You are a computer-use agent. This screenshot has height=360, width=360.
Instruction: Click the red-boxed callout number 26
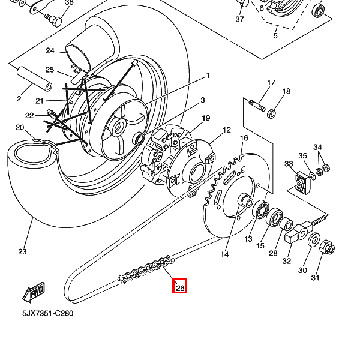pyautogui.click(x=180, y=287)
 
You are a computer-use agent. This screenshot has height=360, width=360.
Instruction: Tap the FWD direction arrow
pyautogui.click(x=34, y=292)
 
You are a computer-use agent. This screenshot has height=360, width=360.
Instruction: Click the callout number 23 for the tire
pyautogui.click(x=22, y=251)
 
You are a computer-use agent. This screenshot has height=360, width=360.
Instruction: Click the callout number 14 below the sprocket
pyautogui.click(x=224, y=254)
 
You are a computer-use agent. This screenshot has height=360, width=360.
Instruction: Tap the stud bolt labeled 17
pyautogui.click(x=257, y=106)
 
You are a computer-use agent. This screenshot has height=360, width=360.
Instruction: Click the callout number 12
pyautogui.click(x=226, y=130)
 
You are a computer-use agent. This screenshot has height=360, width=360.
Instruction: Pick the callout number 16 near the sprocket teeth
pyautogui.click(x=244, y=139)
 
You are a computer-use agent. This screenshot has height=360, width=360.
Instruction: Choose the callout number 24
pyautogui.click(x=50, y=51)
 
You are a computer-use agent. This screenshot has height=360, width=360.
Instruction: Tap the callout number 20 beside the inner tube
pyautogui.click(x=20, y=127)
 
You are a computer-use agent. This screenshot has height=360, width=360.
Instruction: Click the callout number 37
pyautogui.click(x=239, y=20)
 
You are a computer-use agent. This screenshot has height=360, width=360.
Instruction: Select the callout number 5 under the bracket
pyautogui.click(x=275, y=36)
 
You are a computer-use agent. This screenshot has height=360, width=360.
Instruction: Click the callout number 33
pyautogui.click(x=289, y=164)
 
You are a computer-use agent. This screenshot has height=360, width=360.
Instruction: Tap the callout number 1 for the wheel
pyautogui.click(x=208, y=76)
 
